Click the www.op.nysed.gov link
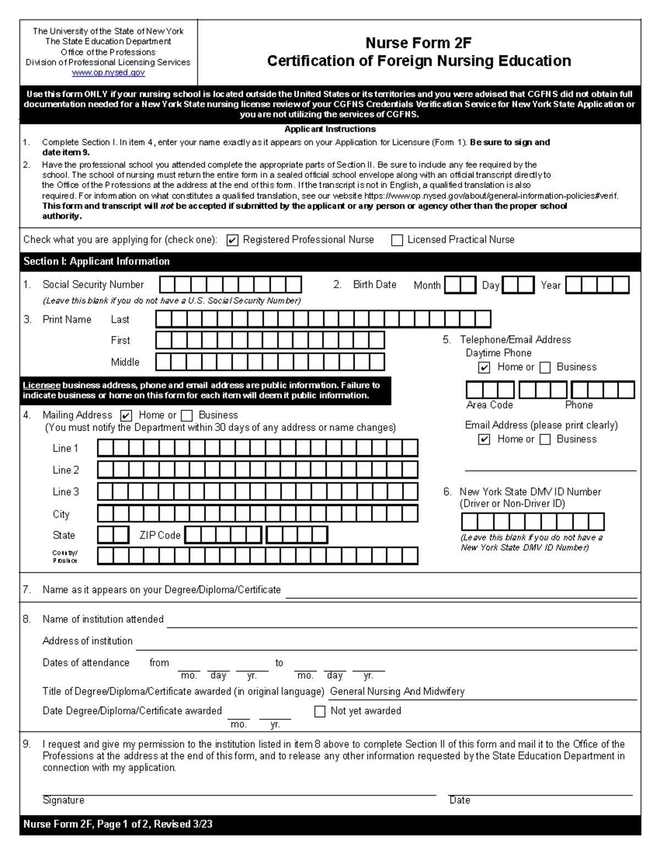(x=108, y=73)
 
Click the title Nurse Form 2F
(x=419, y=43)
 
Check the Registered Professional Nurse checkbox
(x=233, y=240)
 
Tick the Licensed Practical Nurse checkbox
(x=397, y=240)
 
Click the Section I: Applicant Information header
(x=97, y=261)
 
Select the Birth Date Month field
(x=460, y=285)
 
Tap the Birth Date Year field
(x=597, y=285)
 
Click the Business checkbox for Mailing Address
(x=187, y=416)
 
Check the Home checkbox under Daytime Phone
(x=484, y=367)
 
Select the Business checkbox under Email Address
(x=545, y=439)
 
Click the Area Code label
(x=490, y=405)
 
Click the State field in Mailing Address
(x=113, y=535)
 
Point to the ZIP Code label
(x=159, y=535)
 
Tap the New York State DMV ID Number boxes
(x=532, y=521)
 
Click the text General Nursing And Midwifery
(x=397, y=691)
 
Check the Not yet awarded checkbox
(x=320, y=712)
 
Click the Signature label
(x=63, y=800)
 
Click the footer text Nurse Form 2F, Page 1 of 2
(x=118, y=824)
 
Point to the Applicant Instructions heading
(x=330, y=129)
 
